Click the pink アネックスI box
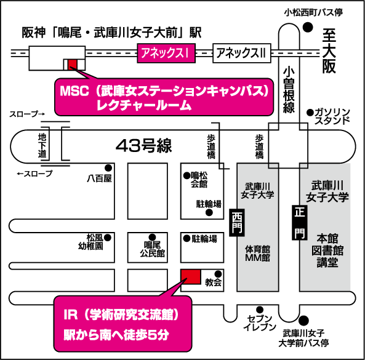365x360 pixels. coord(166,53)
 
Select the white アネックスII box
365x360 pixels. coord(242,53)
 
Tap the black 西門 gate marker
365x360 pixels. coord(237,223)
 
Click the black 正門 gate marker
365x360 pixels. coord(300,223)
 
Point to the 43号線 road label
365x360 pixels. coord(144,146)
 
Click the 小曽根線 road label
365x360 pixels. coord(289,90)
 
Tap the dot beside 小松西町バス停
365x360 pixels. coord(308,27)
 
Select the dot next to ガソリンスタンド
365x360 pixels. coord(310,113)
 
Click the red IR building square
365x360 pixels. coord(191,277)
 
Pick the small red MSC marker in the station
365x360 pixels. coord(72,64)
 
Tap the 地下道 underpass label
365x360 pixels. coord(42,145)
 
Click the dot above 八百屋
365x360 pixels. coord(108,168)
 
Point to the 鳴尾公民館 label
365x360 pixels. coord(153,249)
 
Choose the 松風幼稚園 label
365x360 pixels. coord(91,242)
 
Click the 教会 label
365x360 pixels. coord(213,282)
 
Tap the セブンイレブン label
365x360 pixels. coord(260,322)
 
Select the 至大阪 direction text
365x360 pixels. coord(329,50)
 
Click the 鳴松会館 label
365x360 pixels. coord(199,180)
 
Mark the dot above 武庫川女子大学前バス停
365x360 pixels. coord(303,321)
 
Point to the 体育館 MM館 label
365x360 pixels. coord(257,253)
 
